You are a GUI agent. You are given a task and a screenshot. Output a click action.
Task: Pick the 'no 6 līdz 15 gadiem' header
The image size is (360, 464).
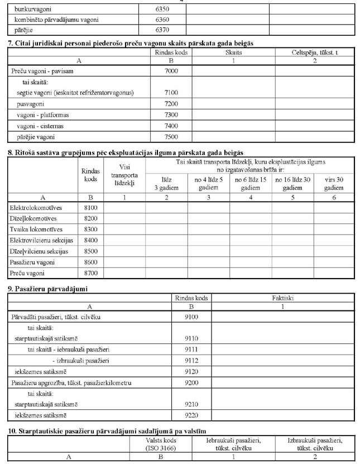(251, 184)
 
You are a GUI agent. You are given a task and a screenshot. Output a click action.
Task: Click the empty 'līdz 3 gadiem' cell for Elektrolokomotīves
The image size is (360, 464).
(166, 208)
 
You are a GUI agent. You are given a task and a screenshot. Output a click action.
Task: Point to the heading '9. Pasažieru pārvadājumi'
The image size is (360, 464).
(47, 289)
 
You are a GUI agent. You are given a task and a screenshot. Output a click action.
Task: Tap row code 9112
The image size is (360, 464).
(191, 360)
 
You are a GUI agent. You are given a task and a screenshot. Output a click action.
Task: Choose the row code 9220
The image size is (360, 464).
(191, 415)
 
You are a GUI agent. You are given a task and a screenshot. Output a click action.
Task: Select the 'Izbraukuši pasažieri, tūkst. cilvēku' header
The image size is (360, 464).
(315, 444)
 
